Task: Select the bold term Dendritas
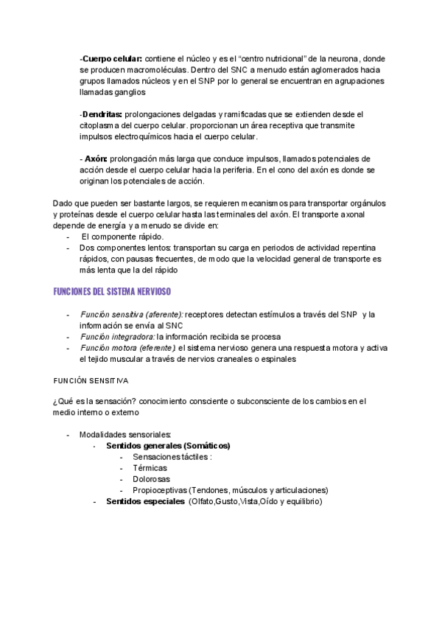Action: pyautogui.click(x=102, y=114)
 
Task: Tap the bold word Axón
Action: pyautogui.click(x=96, y=158)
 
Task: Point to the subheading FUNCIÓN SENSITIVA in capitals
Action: pyautogui.click(x=90, y=381)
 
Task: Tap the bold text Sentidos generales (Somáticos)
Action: pyautogui.click(x=168, y=446)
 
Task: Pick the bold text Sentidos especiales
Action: pyautogui.click(x=145, y=501)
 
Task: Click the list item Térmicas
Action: pyautogui.click(x=150, y=468)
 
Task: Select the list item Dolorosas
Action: pyautogui.click(x=152, y=479)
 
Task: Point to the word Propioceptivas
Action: pyautogui.click(x=159, y=490)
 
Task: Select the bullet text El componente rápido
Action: pyautogui.click(x=122, y=237)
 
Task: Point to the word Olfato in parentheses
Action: pyautogui.click(x=201, y=501)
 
